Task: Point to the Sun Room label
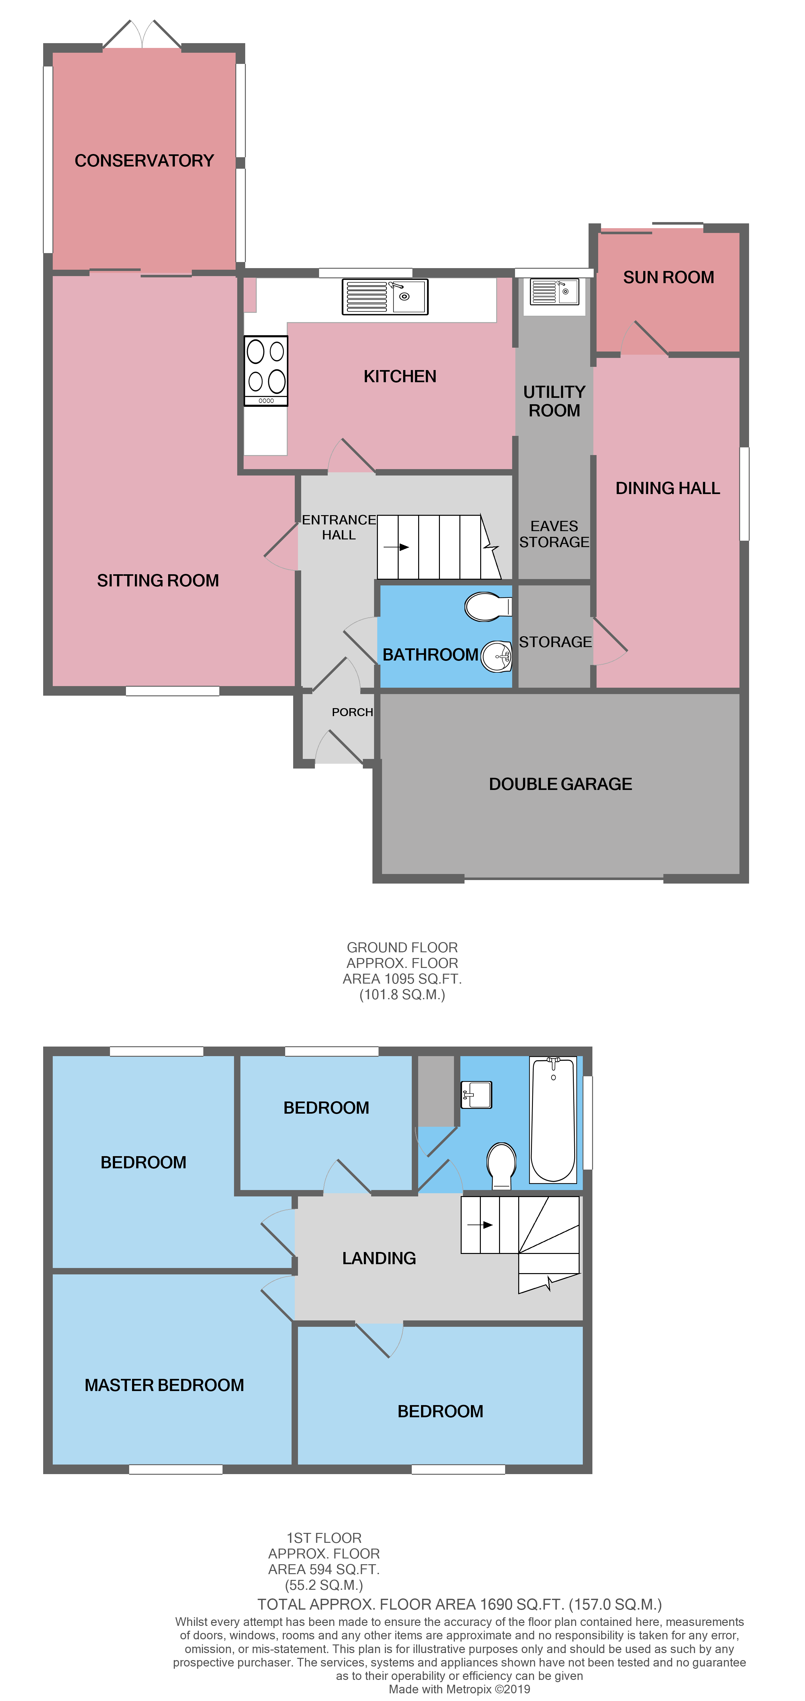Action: [668, 277]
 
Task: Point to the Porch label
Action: [352, 712]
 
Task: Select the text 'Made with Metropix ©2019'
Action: [459, 1689]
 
